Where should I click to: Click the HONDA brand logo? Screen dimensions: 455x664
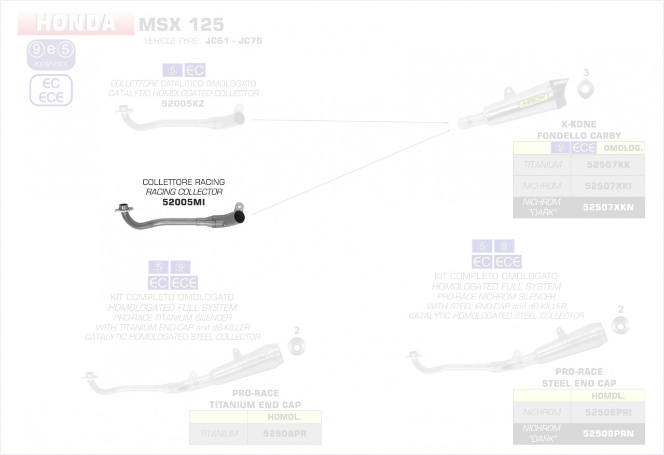pos(76,24)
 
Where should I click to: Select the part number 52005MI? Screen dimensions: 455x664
pos(184,202)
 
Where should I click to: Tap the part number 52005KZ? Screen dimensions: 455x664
pos(184,104)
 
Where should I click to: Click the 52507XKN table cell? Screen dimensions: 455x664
pos(607,207)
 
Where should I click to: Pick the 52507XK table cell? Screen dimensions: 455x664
pos(607,165)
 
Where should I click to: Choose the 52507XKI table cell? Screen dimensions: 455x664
pos(607,186)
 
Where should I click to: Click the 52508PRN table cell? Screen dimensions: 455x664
pos(608,433)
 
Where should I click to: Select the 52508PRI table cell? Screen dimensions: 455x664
pos(608,412)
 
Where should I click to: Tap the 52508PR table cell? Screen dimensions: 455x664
pos(284,434)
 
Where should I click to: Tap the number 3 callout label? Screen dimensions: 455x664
pos(586,72)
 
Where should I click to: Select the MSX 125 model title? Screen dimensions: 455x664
pos(181,24)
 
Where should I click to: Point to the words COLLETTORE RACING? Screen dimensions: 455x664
pos(184,182)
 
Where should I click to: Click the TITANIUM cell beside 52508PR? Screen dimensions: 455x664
pos(219,434)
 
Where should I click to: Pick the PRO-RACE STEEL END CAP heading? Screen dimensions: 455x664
pos(579,378)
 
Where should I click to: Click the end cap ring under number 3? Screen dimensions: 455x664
pos(586,89)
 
